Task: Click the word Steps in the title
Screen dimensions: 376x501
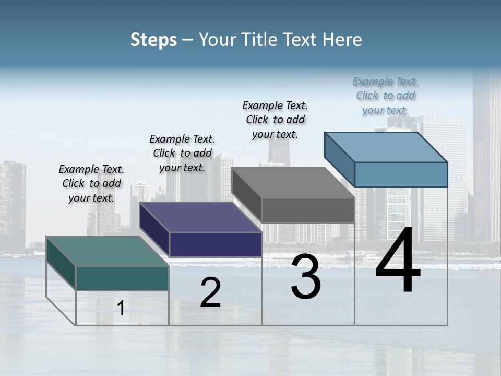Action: click(x=153, y=40)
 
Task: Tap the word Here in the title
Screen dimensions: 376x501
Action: click(x=342, y=40)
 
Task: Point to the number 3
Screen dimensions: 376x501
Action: click(x=306, y=277)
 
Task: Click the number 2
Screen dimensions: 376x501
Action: click(x=210, y=292)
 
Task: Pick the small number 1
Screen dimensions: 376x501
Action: click(x=121, y=309)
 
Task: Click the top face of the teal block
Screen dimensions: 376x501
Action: click(x=107, y=251)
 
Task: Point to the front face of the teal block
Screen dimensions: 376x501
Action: click(x=122, y=278)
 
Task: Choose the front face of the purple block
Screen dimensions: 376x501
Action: click(x=216, y=244)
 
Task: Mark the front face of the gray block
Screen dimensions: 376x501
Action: click(x=308, y=210)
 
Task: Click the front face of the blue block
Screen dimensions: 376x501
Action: click(x=401, y=174)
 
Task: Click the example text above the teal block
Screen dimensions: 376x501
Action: click(x=91, y=184)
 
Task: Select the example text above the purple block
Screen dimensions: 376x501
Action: click(x=182, y=154)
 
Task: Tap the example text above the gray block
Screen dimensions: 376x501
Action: click(x=275, y=120)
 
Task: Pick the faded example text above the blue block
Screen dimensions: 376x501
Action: click(x=385, y=96)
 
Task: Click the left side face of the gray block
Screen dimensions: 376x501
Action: click(x=246, y=195)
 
